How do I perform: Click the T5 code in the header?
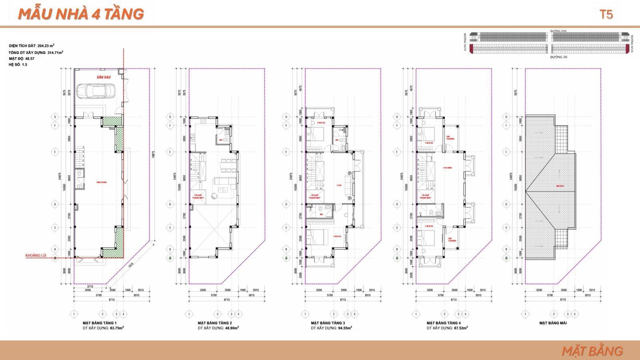606,15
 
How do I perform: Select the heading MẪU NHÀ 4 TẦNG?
81,14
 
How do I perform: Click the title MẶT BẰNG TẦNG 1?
100,323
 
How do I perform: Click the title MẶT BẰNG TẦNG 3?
328,323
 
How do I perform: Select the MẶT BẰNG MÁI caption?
553,323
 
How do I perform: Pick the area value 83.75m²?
117,328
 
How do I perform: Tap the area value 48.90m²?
232,328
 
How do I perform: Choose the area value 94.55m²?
345,328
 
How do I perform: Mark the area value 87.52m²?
461,328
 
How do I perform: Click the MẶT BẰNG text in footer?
592,351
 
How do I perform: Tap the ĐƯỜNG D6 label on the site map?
558,57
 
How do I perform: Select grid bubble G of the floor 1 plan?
56,117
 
